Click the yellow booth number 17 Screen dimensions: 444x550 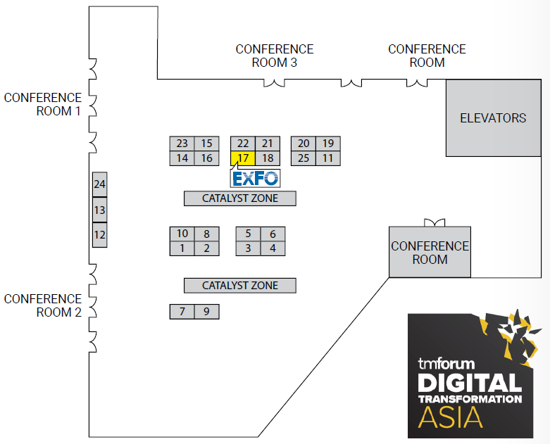(x=243, y=158)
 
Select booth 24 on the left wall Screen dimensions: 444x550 (x=99, y=185)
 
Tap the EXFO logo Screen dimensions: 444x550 (x=256, y=177)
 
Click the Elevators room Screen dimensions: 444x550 (x=493, y=118)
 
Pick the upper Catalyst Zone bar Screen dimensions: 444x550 (x=239, y=198)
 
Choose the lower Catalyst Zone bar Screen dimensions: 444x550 (x=239, y=286)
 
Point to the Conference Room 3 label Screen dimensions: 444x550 (x=275, y=56)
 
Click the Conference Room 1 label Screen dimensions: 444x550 (x=43, y=104)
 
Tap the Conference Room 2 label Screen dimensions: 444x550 (x=43, y=305)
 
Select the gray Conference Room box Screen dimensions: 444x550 (x=430, y=252)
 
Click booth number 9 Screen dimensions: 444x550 (x=206, y=311)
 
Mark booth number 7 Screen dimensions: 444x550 (x=182, y=311)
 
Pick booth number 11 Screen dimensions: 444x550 (x=328, y=158)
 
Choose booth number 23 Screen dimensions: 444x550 (x=182, y=144)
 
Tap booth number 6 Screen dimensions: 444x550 (x=273, y=234)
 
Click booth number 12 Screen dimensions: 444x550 (x=99, y=235)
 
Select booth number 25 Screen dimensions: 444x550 (x=304, y=158)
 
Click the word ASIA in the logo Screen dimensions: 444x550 (x=451, y=417)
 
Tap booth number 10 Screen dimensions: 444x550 (x=182, y=234)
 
